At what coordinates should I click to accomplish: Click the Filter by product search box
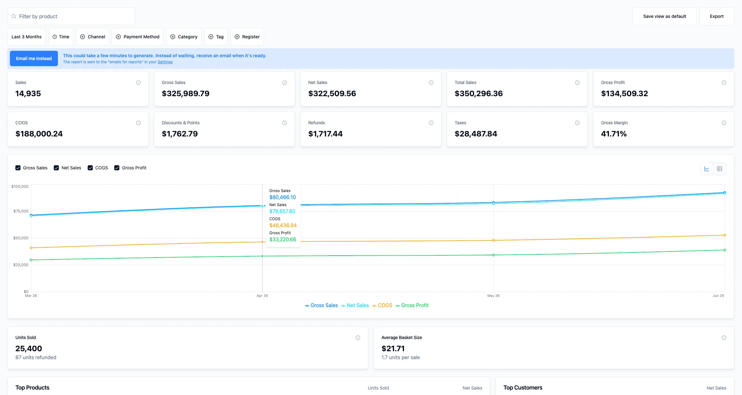click(71, 16)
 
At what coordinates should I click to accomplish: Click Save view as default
click(665, 16)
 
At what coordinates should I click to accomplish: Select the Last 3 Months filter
click(27, 37)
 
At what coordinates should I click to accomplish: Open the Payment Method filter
click(138, 37)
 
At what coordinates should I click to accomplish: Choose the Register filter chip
click(247, 37)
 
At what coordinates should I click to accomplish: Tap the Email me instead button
click(34, 58)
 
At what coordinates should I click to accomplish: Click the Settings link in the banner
click(165, 62)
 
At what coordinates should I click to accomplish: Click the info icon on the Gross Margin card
click(724, 123)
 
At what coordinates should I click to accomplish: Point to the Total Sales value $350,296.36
click(479, 94)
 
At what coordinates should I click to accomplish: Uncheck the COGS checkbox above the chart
click(90, 168)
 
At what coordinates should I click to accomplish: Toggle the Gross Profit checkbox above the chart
click(117, 168)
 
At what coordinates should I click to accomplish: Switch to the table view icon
click(720, 169)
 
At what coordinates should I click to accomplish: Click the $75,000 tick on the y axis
click(21, 211)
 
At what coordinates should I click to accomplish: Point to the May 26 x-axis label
click(493, 296)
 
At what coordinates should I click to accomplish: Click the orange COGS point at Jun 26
click(725, 235)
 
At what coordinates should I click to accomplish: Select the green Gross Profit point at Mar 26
click(31, 260)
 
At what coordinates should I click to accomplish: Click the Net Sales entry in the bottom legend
click(355, 306)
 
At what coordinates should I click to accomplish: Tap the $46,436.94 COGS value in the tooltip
click(283, 226)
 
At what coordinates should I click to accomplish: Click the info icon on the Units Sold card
click(358, 338)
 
